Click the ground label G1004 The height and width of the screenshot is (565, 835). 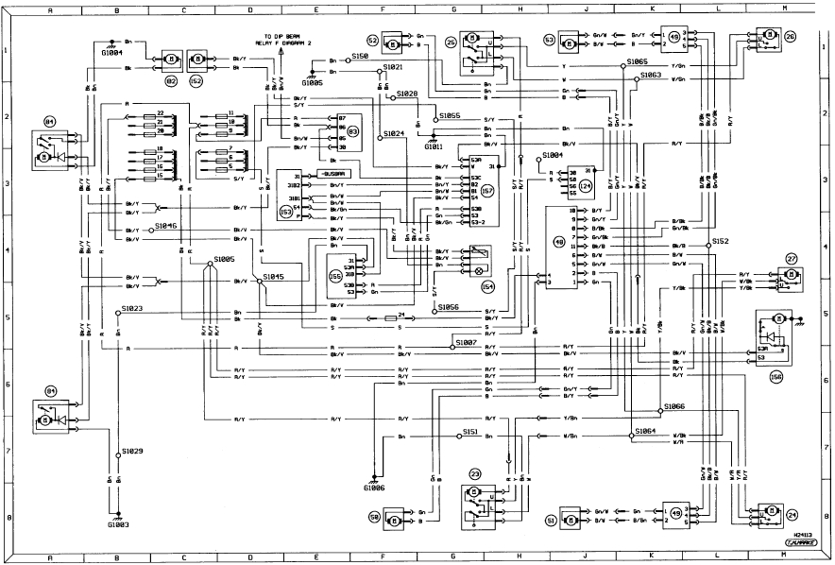(112, 54)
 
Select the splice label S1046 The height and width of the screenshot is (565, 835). (166, 226)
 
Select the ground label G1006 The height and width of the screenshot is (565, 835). (374, 488)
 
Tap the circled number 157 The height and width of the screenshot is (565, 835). (487, 191)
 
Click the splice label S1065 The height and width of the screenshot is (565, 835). (636, 61)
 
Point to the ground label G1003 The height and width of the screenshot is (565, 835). (117, 522)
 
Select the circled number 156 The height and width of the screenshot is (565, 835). (776, 375)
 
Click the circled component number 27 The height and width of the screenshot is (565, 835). (792, 258)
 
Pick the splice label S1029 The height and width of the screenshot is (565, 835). (132, 452)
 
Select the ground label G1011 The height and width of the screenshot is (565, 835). (434, 146)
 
